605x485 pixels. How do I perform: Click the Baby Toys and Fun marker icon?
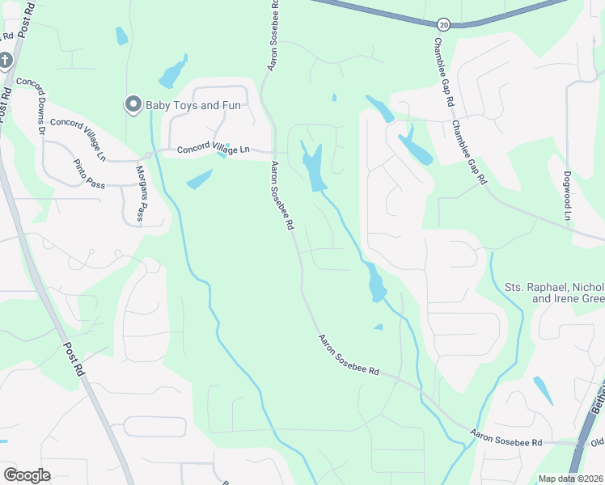[x=133, y=103]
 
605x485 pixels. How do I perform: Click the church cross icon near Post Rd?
[x=5, y=61]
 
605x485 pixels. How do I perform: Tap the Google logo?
[x=27, y=475]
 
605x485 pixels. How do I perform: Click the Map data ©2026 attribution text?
[x=570, y=479]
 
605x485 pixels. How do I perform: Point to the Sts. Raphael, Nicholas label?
[x=554, y=287]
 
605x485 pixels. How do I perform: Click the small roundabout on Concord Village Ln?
[x=148, y=154]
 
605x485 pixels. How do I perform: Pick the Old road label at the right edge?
[x=596, y=442]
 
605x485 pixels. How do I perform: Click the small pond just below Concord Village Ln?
[x=200, y=180]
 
